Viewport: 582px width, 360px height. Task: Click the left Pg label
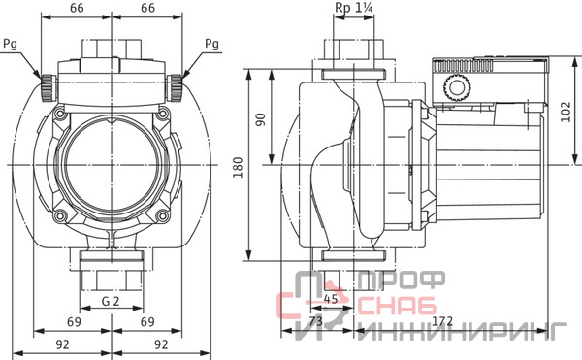(10, 45)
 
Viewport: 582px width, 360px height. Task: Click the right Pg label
(211, 45)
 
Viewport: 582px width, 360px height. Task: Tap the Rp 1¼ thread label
(353, 8)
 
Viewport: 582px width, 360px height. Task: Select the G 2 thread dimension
(111, 301)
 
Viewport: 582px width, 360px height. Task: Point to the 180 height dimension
(238, 167)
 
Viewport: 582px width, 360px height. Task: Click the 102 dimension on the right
(566, 112)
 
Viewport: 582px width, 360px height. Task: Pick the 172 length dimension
(442, 321)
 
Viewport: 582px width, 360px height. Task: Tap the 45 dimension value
(331, 299)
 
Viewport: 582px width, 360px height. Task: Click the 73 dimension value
(315, 321)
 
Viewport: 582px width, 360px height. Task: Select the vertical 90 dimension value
(261, 119)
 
